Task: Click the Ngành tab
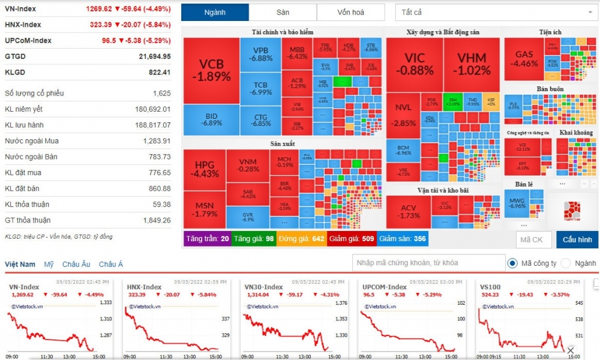point(214,13)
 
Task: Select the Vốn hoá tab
point(351,13)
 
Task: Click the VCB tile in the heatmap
point(211,70)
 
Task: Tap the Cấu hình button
point(577,239)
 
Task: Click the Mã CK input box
point(533,239)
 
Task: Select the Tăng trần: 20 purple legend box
point(208,239)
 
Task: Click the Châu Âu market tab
point(76,265)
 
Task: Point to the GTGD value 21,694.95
point(155,56)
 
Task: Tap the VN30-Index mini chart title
point(264,287)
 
